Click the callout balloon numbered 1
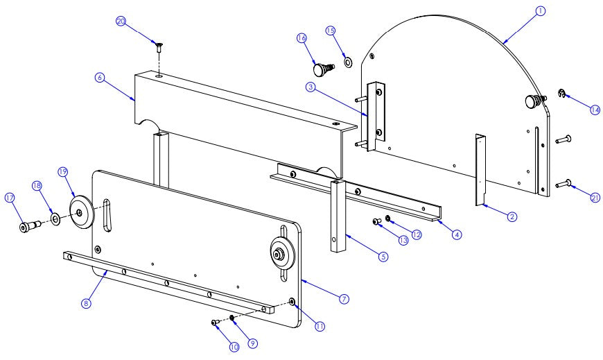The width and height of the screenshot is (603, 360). [x=540, y=10]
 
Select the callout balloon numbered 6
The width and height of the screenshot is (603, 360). [x=101, y=78]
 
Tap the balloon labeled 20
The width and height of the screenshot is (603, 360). [x=120, y=22]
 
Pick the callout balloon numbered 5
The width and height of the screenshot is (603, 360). [x=383, y=256]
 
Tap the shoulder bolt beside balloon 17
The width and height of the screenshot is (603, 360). [x=28, y=227]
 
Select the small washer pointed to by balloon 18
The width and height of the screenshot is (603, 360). [x=54, y=219]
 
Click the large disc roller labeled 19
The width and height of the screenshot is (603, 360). [x=82, y=212]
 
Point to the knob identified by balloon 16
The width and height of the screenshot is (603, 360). [x=322, y=69]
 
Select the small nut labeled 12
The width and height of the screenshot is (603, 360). [x=389, y=219]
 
